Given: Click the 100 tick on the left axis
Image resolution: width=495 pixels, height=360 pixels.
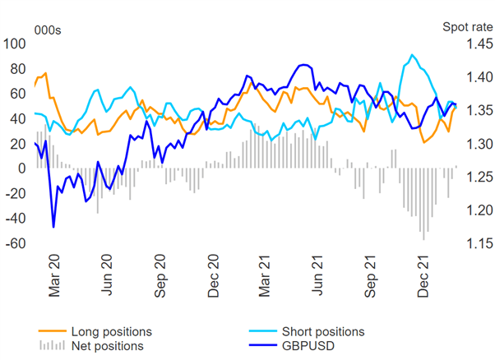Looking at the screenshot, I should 16,44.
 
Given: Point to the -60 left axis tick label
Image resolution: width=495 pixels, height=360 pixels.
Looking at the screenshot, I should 16,243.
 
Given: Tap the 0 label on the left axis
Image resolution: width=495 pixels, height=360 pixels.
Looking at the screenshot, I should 22,168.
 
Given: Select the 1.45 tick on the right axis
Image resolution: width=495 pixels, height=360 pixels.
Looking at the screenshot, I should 479,44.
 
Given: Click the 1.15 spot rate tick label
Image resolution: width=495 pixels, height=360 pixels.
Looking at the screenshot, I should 479,243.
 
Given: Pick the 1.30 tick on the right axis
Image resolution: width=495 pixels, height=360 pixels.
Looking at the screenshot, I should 479,144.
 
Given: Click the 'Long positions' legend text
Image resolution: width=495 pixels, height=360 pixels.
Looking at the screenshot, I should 111,332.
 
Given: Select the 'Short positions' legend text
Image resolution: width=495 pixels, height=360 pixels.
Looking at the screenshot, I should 322,332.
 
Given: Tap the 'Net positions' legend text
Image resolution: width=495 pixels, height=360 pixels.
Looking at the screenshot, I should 107,346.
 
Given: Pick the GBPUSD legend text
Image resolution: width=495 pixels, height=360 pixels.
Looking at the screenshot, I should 308,346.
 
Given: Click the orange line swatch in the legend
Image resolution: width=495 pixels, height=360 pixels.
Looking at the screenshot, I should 51,332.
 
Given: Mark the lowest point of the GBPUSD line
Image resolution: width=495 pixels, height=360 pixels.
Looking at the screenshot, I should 53,227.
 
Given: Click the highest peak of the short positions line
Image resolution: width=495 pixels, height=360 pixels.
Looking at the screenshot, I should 411,55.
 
